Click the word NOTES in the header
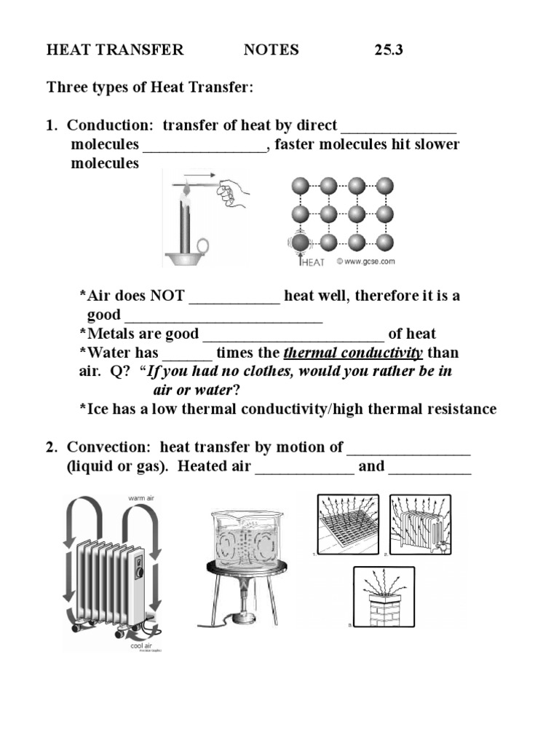pos(271,50)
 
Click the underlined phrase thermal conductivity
pos(353,353)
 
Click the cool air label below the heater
pos(140,643)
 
